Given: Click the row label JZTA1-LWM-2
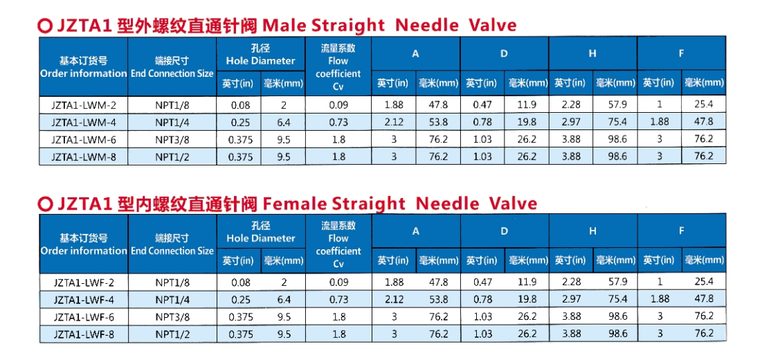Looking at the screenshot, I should (84, 105).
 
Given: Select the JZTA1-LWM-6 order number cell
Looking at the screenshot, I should (84, 139).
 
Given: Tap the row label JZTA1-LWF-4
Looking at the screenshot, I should (84, 299).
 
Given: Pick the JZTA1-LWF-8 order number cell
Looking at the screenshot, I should (84, 333).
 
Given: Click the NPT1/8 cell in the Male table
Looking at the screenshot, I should (172, 105).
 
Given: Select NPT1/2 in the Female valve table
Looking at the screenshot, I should (172, 333).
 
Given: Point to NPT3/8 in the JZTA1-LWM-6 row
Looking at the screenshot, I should (172, 139).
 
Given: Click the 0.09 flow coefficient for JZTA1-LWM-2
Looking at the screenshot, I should (338, 105).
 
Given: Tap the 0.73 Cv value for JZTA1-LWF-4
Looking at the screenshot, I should (338, 299).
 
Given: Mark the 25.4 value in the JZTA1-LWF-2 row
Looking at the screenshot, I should (704, 282).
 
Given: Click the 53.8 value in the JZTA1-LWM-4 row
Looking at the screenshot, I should (438, 122).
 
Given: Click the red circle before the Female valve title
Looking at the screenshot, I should (45, 204).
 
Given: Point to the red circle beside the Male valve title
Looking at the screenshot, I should (45, 26).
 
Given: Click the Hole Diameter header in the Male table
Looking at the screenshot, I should (260, 60).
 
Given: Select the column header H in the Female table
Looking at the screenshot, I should (592, 231).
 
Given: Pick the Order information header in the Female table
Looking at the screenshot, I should (84, 251).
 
